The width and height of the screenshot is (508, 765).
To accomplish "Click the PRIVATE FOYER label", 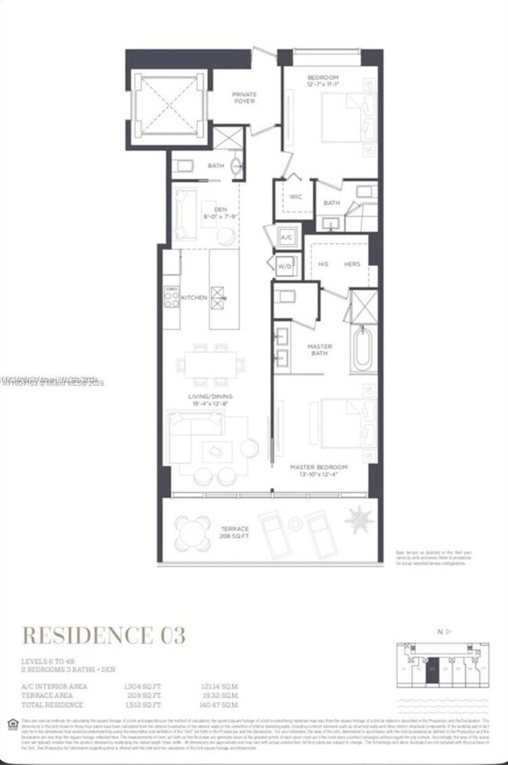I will point(244,98).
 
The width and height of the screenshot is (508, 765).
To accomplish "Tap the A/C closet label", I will point(285,238).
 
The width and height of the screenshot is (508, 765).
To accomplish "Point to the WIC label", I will point(295,197).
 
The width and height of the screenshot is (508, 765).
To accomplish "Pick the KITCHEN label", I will point(194,298).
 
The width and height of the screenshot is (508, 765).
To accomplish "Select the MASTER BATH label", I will point(319,349).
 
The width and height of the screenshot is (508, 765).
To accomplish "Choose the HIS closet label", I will point(323,264).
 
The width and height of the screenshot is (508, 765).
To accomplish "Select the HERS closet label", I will point(352,264).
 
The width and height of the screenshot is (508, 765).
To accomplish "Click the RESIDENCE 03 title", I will point(103,635).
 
